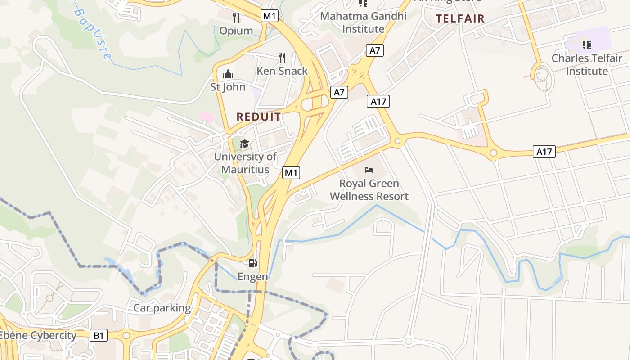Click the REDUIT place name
coord(259,117)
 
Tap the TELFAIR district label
coord(460,18)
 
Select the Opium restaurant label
coord(236,31)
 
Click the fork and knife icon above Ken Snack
coord(282,57)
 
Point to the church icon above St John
coord(228,74)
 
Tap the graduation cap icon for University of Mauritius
coord(244,144)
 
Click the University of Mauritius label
coord(245,163)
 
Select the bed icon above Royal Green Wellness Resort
coord(369,170)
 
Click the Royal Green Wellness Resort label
coord(369,190)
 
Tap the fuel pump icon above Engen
coord(253,263)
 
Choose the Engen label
coord(253,277)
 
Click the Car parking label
coord(162,308)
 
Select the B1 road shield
coord(99,335)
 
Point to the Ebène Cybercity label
coord(39,335)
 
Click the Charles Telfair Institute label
coord(587,65)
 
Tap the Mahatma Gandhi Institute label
coord(364,22)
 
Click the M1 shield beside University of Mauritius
coord(291,172)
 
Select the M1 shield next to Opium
coord(270,16)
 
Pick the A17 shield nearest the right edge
coord(544,152)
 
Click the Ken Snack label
coord(282,71)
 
